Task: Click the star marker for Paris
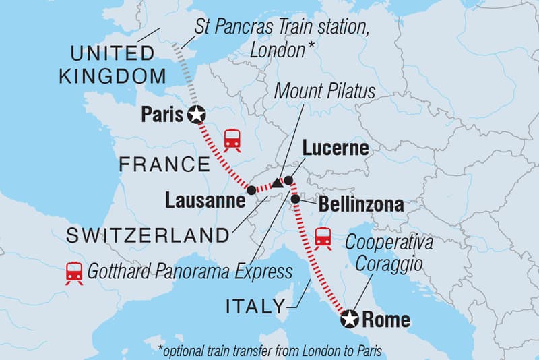pos(196,115)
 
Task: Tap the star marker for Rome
pos(349,319)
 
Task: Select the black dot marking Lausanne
pos(251,191)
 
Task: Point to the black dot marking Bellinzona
pos(295,199)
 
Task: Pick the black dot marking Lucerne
pos(288,180)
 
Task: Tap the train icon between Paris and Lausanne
pos(233,138)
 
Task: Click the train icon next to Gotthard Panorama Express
pos(73,272)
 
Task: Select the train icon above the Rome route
pos(323,238)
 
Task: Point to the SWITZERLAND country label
pos(148,235)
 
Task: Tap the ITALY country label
pos(255,307)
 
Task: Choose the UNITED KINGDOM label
pos(106,64)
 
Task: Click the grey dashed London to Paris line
pos(184,78)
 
